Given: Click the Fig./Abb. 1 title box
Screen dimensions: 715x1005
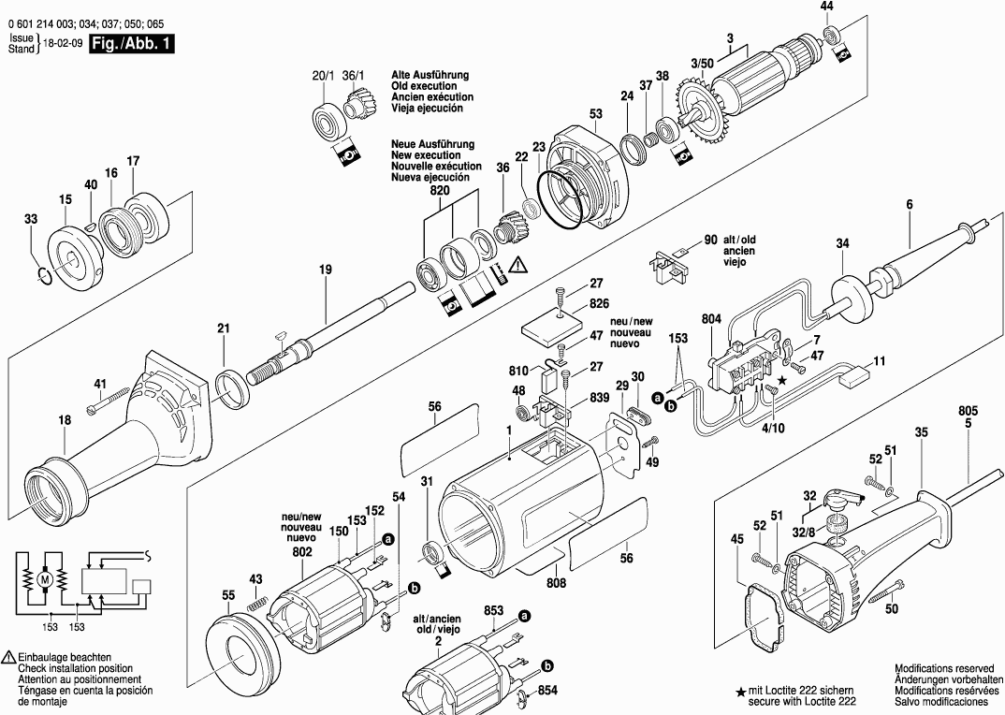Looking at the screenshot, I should tap(132, 44).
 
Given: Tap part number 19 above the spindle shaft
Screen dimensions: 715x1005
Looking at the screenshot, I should tap(325, 270).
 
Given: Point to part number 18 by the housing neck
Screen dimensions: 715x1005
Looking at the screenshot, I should tap(64, 421).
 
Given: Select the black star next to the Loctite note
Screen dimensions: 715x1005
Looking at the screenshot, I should tap(741, 693).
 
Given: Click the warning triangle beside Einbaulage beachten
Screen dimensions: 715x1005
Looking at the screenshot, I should tap(8, 659).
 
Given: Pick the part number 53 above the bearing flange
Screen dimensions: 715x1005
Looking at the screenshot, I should tap(595, 114).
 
